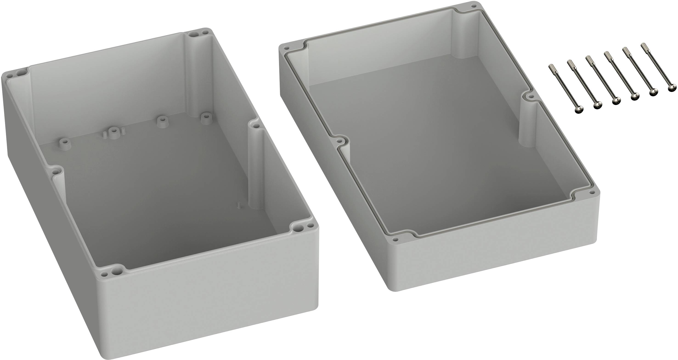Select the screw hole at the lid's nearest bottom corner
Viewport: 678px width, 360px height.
(395, 239)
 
